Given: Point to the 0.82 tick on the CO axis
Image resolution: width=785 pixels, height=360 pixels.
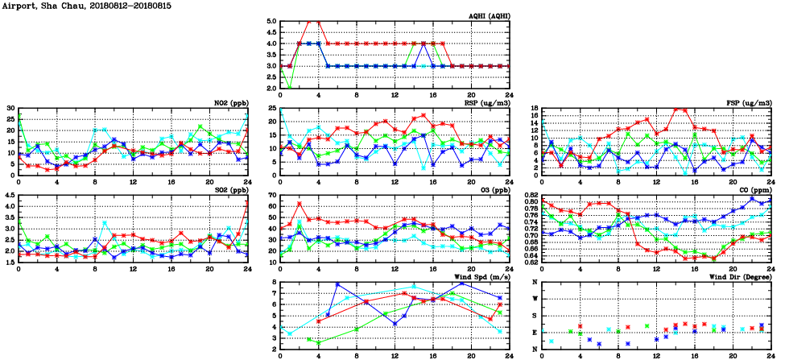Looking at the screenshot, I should click(532, 196).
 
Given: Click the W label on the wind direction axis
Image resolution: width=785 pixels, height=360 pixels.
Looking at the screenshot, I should click(536, 299).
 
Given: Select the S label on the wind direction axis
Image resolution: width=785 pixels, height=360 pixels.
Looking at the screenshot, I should click(536, 316).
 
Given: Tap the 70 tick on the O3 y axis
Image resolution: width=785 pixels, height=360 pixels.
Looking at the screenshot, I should click(273, 196).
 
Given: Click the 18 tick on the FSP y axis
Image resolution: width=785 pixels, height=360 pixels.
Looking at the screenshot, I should click(535, 109).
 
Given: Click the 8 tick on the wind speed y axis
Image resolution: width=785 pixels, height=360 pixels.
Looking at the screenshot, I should click(275, 283).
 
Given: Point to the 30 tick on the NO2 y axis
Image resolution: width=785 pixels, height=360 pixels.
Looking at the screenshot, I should click(10, 109).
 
